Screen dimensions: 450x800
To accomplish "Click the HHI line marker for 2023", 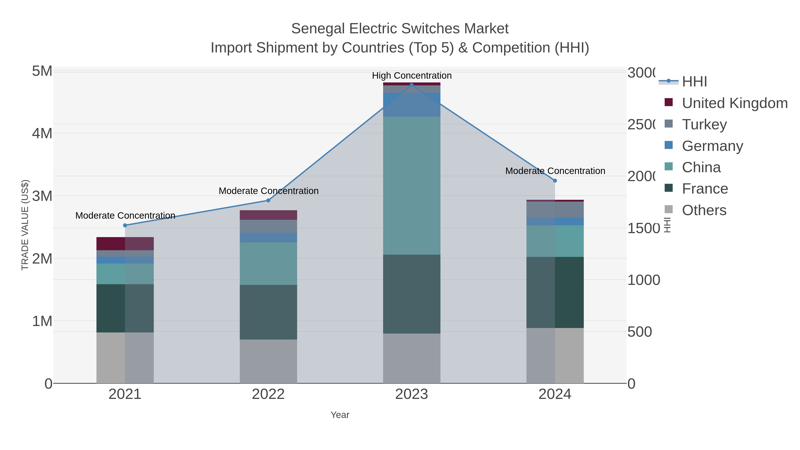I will pyautogui.click(x=412, y=85).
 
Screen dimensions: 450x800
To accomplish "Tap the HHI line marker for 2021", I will pyautogui.click(x=125, y=225).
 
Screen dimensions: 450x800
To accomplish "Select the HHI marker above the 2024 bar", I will pyautogui.click(x=555, y=180).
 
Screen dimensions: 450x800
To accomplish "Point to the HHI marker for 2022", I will pyautogui.click(x=268, y=200).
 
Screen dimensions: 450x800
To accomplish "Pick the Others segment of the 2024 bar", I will pyautogui.click(x=555, y=355).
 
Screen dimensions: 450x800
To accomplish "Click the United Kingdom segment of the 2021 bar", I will pyautogui.click(x=125, y=244).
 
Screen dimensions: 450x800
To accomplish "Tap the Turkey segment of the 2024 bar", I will pyautogui.click(x=555, y=210).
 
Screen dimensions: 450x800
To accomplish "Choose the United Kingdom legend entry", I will pyautogui.click(x=734, y=103).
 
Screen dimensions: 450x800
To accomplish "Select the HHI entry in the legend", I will pyautogui.click(x=694, y=82).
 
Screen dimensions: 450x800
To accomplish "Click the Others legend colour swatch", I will pyautogui.click(x=669, y=210).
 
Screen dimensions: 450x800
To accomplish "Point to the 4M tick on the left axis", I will pyautogui.click(x=42, y=134).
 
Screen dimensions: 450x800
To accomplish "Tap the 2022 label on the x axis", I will pyautogui.click(x=268, y=394).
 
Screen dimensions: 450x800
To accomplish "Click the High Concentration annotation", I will pyautogui.click(x=412, y=76).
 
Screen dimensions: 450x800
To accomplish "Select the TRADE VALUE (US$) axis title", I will pyautogui.click(x=25, y=225).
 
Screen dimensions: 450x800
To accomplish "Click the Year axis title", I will pyautogui.click(x=340, y=415).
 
